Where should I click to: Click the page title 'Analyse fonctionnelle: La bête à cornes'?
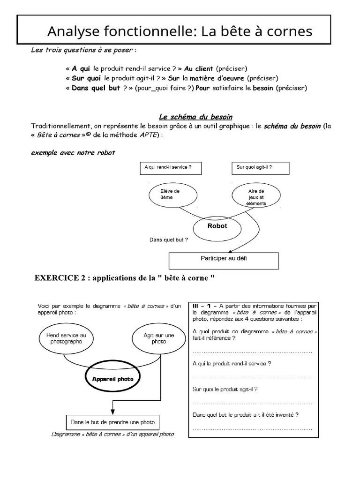[x=179, y=31]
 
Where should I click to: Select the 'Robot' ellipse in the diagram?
[x=217, y=226]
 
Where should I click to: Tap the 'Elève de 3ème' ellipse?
[x=166, y=195]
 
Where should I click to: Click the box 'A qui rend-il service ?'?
[x=168, y=167]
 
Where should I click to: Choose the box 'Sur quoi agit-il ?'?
[x=261, y=167]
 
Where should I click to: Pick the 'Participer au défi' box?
[x=224, y=258]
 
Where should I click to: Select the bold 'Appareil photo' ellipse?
[x=112, y=379]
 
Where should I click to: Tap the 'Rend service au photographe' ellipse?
[x=66, y=338]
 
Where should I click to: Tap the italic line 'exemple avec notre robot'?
[x=73, y=153]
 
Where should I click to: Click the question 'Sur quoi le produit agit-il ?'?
[x=225, y=389]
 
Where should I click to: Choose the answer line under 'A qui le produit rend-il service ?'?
[x=252, y=377]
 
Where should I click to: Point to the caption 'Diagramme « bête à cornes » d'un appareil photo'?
[x=112, y=435]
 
